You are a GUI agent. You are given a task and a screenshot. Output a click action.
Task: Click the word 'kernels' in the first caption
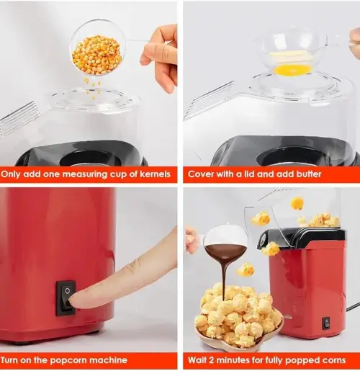tap(155, 174)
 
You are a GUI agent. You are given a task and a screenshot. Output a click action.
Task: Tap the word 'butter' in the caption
tap(309, 174)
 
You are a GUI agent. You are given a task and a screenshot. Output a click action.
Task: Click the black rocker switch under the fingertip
tap(66, 298)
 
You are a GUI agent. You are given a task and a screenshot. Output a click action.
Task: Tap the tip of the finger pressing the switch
tap(71, 300)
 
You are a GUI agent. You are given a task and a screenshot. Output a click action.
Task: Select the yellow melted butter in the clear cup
tap(292, 69)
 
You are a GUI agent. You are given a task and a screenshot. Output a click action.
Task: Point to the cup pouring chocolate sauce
tap(225, 243)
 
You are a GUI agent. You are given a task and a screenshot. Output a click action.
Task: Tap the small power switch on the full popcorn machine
tap(326, 323)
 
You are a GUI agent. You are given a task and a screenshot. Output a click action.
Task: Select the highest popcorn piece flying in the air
tap(297, 203)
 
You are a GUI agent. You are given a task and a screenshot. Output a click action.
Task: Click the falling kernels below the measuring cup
tap(93, 88)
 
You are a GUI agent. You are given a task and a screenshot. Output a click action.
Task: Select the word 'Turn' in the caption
tap(9, 360)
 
